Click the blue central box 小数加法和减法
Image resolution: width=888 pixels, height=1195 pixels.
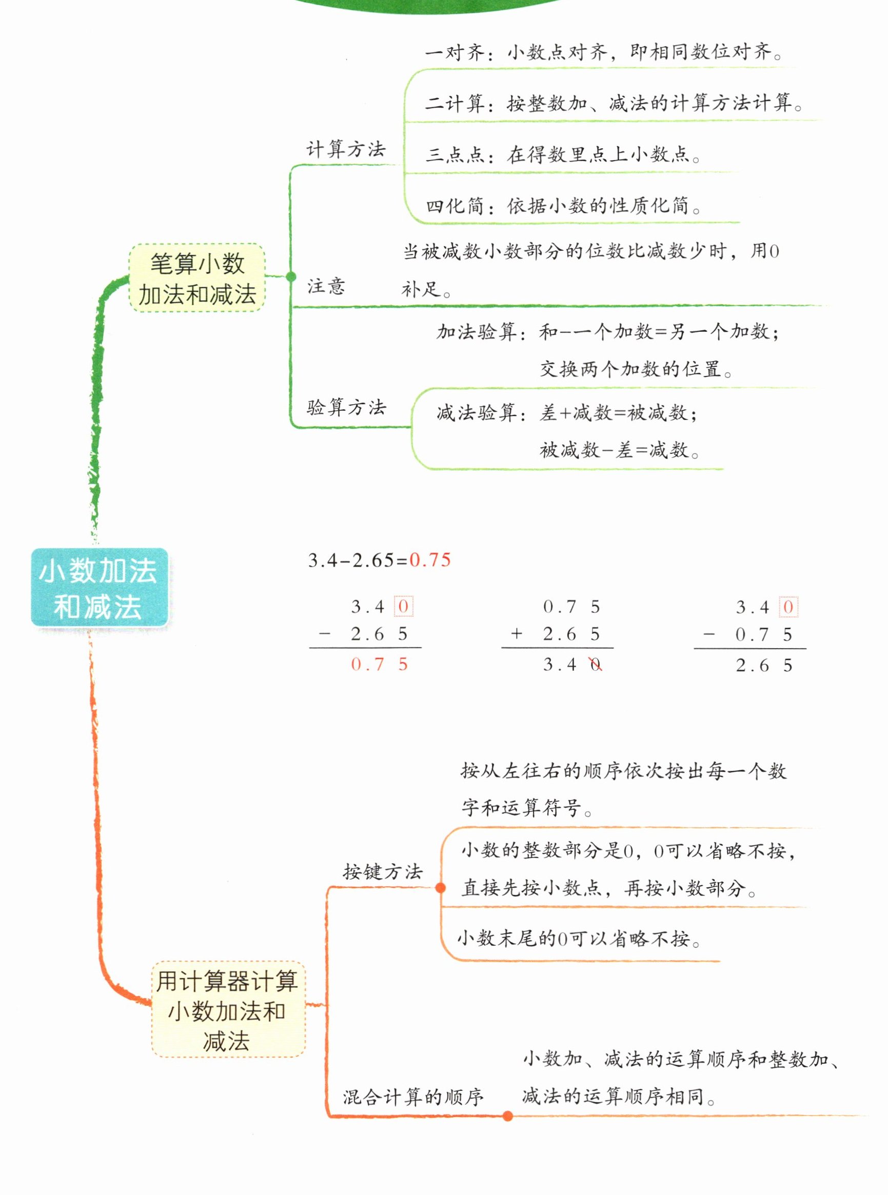coord(99,587)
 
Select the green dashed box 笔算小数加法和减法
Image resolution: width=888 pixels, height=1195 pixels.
coord(197,278)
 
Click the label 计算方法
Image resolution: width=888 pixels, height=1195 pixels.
coord(346,149)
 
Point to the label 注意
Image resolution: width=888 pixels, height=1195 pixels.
coord(326,286)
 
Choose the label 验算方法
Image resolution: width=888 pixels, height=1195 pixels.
coord(346,407)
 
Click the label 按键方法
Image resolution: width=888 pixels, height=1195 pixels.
coord(383,871)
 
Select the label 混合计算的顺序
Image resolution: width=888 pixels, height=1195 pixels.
coord(413,1097)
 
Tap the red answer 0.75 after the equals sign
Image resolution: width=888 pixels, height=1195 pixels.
coord(430,560)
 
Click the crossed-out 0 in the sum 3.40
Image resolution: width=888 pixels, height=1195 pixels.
coord(596,665)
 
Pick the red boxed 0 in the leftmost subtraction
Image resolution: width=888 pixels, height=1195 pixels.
coord(403,607)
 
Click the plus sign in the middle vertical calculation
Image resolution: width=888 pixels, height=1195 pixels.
coord(517,634)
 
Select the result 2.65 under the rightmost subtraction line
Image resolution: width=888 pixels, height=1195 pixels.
coord(764,666)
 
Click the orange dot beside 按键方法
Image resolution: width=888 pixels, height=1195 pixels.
coord(441,888)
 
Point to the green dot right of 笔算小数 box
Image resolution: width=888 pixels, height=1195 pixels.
coord(291,277)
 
